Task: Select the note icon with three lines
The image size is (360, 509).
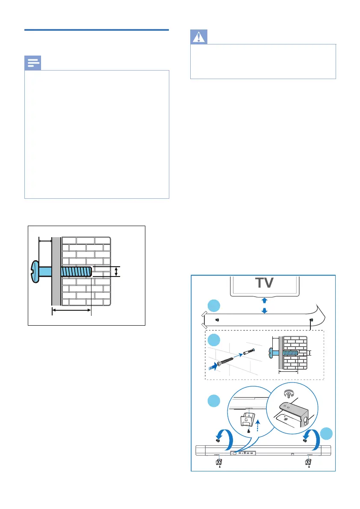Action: coord(33,64)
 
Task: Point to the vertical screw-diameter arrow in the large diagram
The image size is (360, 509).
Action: coord(116,271)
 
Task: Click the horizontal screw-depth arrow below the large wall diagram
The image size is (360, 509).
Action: coord(71,311)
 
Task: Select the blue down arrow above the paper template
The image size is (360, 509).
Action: coord(265,311)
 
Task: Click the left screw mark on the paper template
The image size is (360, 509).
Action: coord(217,319)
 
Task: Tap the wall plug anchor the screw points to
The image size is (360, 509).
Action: coord(249,353)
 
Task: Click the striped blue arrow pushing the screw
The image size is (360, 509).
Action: coord(212,366)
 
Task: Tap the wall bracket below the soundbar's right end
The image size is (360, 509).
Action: coord(307,462)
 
